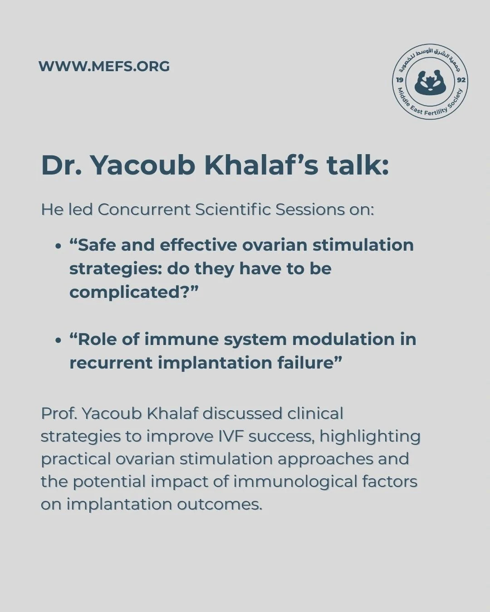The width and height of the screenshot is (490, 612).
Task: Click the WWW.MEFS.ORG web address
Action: tap(104, 66)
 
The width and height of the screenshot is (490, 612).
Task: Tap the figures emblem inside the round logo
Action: tap(430, 82)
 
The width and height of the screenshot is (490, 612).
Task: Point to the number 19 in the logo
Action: tap(399, 80)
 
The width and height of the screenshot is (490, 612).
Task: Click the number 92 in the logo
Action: tap(461, 80)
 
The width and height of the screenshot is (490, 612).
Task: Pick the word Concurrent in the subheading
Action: tap(144, 210)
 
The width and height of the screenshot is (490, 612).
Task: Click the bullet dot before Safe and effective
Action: tap(59, 247)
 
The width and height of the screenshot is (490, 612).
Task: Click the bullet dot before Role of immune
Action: tap(59, 341)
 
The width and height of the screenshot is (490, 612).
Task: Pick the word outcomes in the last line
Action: tap(220, 505)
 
